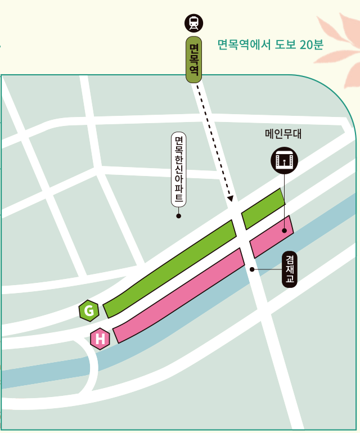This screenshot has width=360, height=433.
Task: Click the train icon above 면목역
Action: point(194,23)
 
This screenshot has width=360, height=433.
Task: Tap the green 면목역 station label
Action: point(194,60)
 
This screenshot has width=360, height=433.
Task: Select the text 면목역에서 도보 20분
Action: point(270,44)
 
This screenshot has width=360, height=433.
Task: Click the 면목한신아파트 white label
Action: point(179,170)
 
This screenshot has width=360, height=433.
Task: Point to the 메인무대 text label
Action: point(284,134)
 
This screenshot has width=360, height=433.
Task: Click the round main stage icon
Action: point(284,160)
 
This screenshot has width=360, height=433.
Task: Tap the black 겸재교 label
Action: point(290,270)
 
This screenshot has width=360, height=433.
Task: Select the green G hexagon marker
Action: point(89,310)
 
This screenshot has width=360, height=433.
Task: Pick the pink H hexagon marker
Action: point(100,339)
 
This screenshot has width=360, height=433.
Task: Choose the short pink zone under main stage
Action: point(272,237)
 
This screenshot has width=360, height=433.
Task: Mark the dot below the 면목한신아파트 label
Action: point(179,216)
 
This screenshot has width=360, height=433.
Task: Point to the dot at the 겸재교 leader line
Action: point(252,269)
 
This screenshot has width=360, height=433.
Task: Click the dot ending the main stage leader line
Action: point(285,231)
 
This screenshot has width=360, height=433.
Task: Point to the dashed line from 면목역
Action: point(214,141)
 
